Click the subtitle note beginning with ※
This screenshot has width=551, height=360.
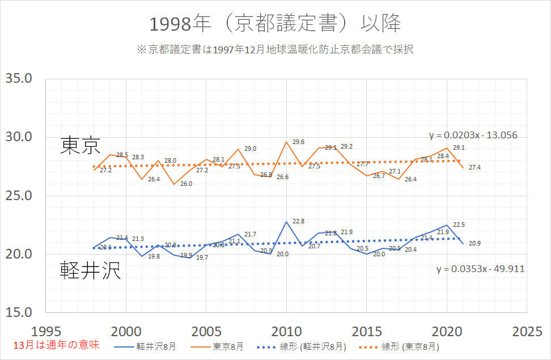275,49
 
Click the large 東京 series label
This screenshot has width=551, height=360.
80,146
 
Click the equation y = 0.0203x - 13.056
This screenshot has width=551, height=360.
473,135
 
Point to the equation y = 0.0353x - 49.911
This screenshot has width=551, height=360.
480,269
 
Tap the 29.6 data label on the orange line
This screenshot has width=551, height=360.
299,142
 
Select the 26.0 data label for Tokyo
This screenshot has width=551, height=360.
186,184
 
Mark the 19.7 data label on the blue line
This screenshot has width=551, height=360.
202,258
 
